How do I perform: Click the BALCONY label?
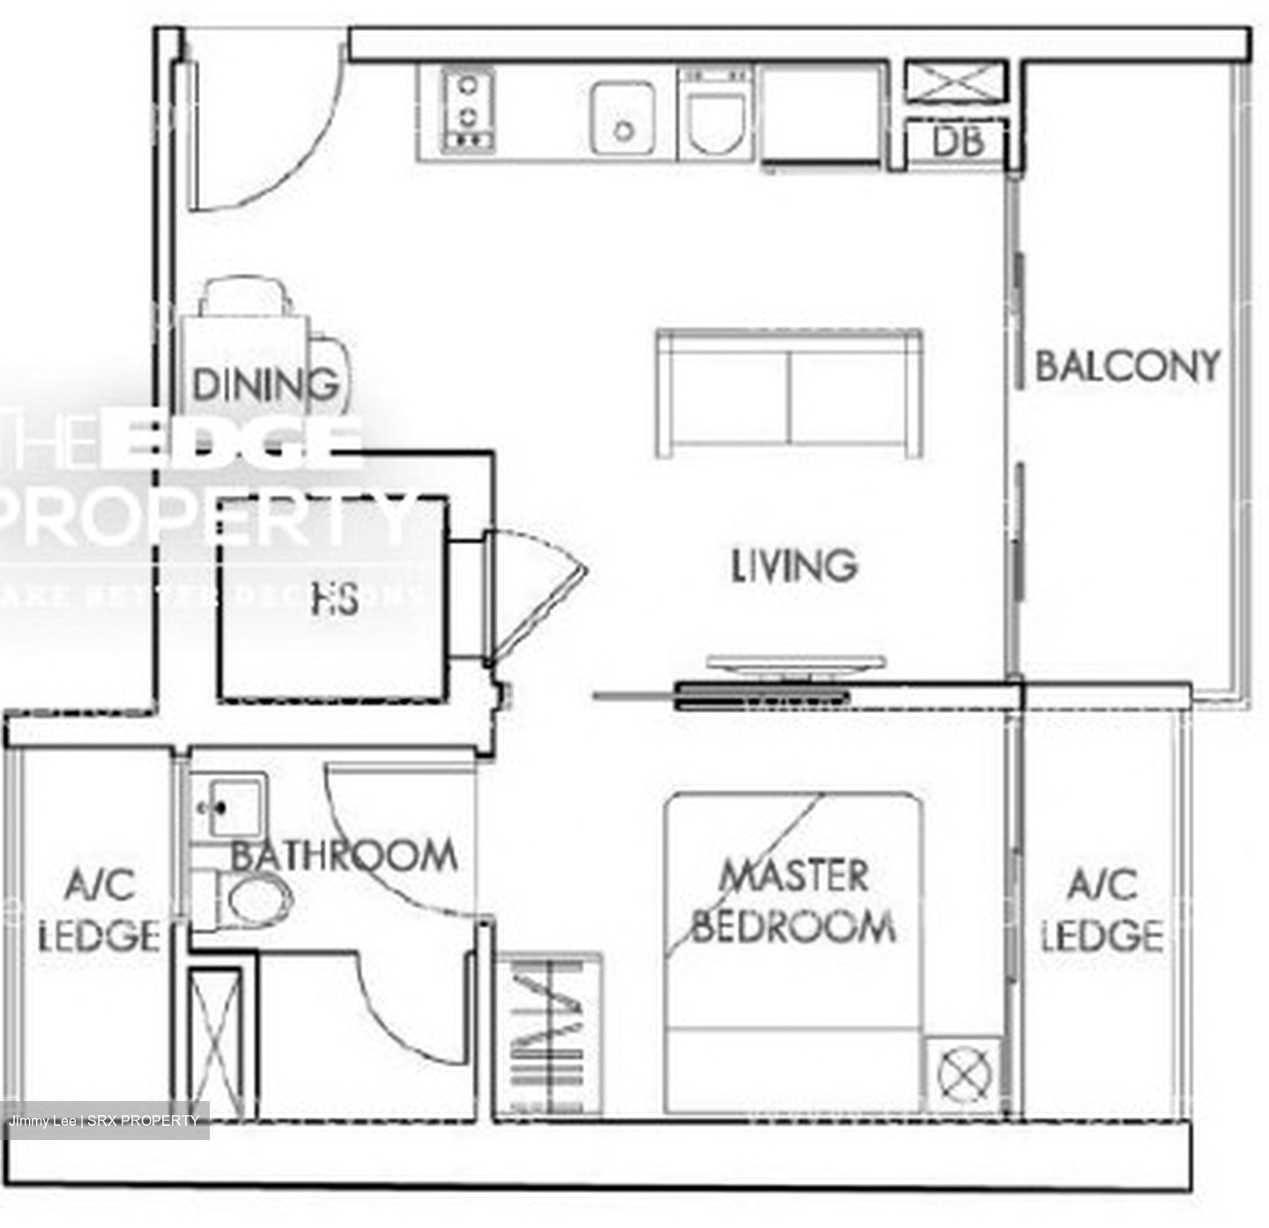(1127, 366)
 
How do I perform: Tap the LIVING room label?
(793, 566)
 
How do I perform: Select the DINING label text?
(264, 385)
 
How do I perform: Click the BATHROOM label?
(344, 855)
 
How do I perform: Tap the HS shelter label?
(335, 600)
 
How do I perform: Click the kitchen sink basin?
(622, 119)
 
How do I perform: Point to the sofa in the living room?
(789, 394)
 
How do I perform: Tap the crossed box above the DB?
(955, 84)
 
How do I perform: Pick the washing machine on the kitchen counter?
(716, 113)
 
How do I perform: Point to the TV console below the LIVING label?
(795, 664)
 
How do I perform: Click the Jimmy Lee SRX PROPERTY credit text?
(104, 1121)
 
